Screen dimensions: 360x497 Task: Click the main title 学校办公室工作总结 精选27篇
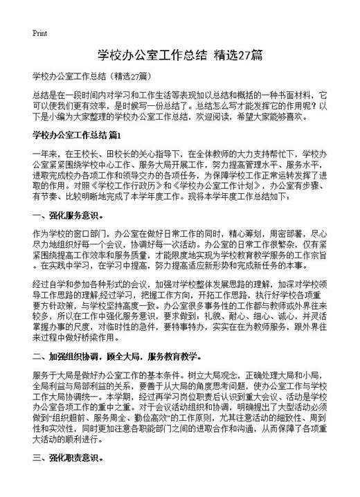(180, 55)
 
